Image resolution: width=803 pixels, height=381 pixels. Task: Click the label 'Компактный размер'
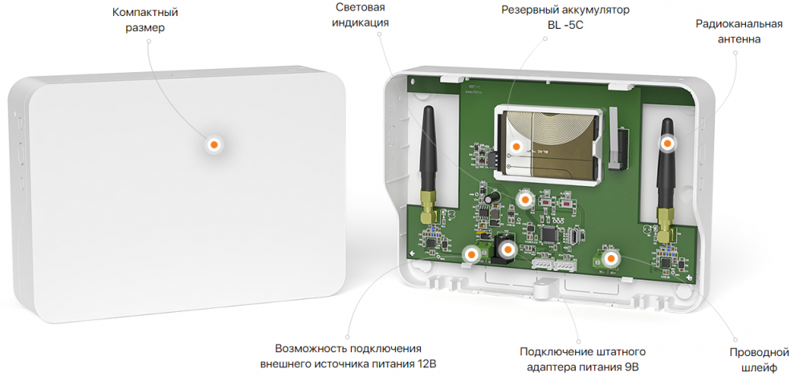click(x=145, y=19)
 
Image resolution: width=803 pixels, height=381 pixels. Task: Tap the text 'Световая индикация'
click(x=360, y=15)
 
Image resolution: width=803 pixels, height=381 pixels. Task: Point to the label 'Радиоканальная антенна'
click(x=739, y=31)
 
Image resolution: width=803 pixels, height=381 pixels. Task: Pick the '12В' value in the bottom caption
click(x=429, y=364)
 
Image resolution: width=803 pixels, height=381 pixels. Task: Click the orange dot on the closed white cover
click(x=214, y=144)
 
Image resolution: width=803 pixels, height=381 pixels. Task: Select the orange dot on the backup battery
click(x=516, y=147)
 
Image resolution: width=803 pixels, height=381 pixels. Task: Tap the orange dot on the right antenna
click(x=666, y=144)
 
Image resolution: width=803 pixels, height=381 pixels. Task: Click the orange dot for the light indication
click(x=524, y=200)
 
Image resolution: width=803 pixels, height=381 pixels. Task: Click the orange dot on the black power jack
click(x=507, y=250)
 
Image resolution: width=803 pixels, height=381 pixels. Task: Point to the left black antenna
click(x=428, y=150)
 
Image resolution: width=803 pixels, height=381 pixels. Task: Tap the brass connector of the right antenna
click(x=664, y=225)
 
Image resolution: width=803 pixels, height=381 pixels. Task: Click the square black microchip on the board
click(x=548, y=234)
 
